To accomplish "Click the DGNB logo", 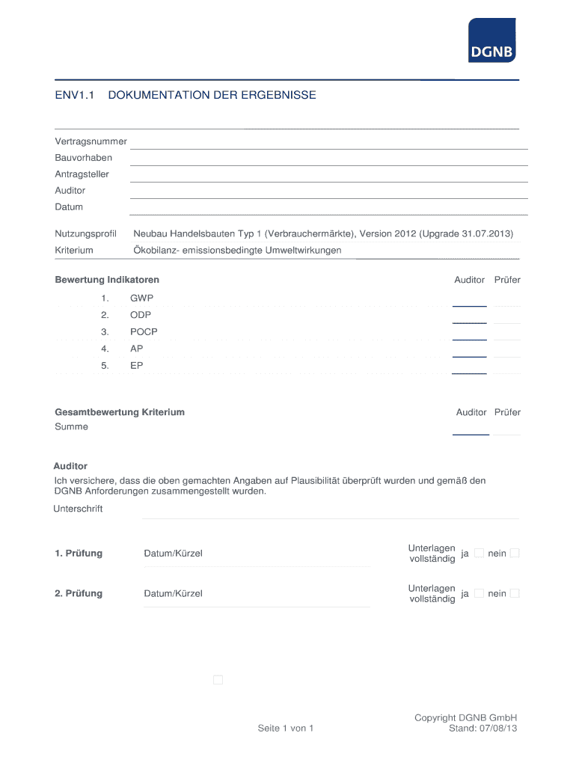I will [x=491, y=40].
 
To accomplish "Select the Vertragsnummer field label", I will [x=91, y=141].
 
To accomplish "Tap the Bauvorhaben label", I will [x=83, y=158].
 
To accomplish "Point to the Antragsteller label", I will [x=82, y=174].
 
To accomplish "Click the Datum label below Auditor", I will [x=69, y=207].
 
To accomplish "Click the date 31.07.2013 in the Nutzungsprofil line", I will [x=487, y=234].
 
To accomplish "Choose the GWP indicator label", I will [x=141, y=298].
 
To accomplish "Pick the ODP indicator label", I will [x=141, y=315].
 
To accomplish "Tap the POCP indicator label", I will [x=144, y=332].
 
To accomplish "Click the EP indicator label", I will [x=136, y=366].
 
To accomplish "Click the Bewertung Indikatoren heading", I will [x=107, y=280].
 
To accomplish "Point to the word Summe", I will [x=71, y=427].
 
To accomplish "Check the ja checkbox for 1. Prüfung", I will [x=480, y=553].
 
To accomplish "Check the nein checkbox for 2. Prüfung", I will [x=515, y=593].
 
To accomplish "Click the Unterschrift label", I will [x=79, y=509].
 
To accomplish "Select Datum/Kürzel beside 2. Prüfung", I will [x=173, y=594].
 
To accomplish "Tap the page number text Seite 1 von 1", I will [x=285, y=728].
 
